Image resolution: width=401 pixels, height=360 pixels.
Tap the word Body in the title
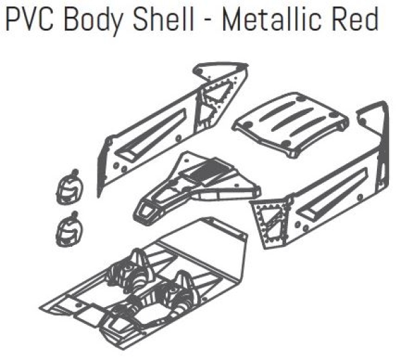point(93,21)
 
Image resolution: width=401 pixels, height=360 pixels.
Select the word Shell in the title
point(163,19)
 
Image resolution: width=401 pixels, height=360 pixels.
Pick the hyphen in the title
point(208,21)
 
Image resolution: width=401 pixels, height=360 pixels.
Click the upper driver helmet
point(70,187)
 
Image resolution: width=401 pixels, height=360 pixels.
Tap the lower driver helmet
point(69,230)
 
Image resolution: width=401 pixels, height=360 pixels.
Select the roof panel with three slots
point(291,124)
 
